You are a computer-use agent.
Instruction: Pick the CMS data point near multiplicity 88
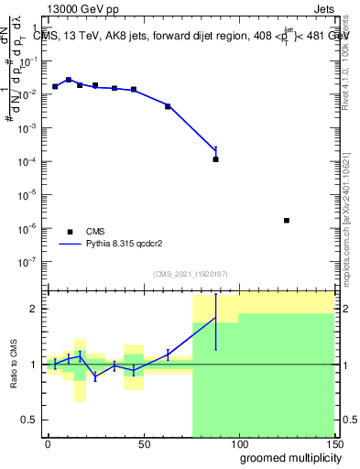click(x=215, y=159)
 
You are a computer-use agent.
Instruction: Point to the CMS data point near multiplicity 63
click(x=168, y=106)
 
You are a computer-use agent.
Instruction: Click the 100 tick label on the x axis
click(x=238, y=442)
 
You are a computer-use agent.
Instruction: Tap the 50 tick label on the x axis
click(x=143, y=442)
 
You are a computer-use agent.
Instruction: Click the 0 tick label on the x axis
click(x=48, y=442)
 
